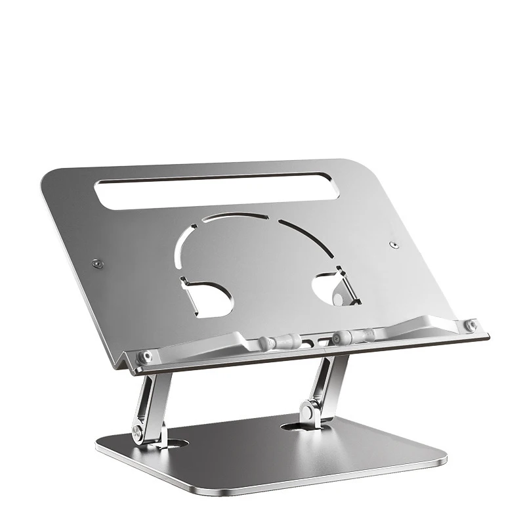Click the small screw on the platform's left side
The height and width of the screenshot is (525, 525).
(x=97, y=263)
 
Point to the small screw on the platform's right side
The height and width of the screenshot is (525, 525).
(x=393, y=245)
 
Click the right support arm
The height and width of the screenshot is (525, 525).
(x=322, y=387)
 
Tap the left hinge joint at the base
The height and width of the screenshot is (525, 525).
(x=138, y=432)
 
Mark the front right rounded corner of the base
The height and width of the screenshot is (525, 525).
(x=438, y=461)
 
